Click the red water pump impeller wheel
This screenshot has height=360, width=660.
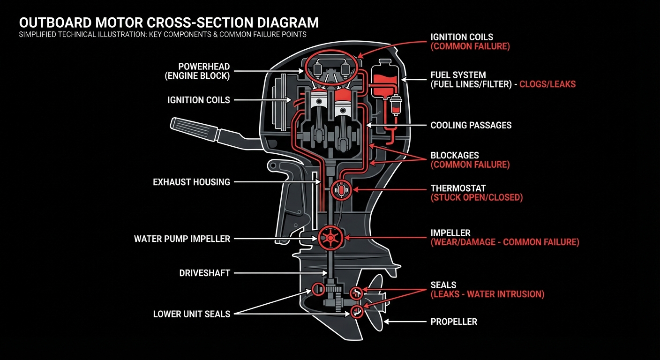pos(331,239)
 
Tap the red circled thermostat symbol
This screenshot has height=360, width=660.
pos(341,190)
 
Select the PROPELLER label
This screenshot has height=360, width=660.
pos(453,322)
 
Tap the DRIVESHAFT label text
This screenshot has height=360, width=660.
pos(204,273)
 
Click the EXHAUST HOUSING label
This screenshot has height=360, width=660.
pos(191,182)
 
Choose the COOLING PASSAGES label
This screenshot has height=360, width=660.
pos(471,125)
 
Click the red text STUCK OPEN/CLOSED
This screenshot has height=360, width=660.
pos(476,198)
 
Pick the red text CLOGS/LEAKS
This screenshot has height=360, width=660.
pos(547,84)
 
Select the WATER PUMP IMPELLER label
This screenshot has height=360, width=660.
pos(182,239)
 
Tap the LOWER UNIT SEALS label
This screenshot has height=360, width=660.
pos(191,314)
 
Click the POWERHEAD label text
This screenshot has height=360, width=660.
pos(203,67)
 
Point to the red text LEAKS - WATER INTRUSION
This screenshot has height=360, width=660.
pos(487,294)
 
